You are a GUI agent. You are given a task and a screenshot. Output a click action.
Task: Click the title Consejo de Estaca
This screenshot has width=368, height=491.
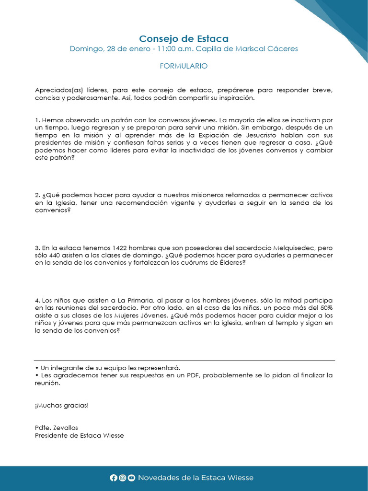[184, 38]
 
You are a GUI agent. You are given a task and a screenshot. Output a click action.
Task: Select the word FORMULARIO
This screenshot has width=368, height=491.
[184, 66]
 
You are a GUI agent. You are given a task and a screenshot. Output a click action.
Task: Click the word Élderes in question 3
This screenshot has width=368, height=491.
[232, 263]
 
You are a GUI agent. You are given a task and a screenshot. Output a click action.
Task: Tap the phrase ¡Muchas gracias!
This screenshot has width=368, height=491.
[62, 405]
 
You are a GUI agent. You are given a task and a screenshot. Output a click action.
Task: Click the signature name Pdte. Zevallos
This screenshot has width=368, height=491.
[56, 428]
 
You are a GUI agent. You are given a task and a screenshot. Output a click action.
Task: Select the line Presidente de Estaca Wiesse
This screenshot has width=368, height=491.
[79, 435]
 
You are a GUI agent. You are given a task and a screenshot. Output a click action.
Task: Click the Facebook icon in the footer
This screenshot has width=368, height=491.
[114, 478]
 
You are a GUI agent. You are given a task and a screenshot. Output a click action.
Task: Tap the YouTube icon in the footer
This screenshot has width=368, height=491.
[131, 478]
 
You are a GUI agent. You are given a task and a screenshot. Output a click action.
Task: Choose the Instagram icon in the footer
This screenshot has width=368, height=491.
[123, 478]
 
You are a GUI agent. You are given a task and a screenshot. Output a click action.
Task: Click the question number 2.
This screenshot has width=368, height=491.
[37, 195]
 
